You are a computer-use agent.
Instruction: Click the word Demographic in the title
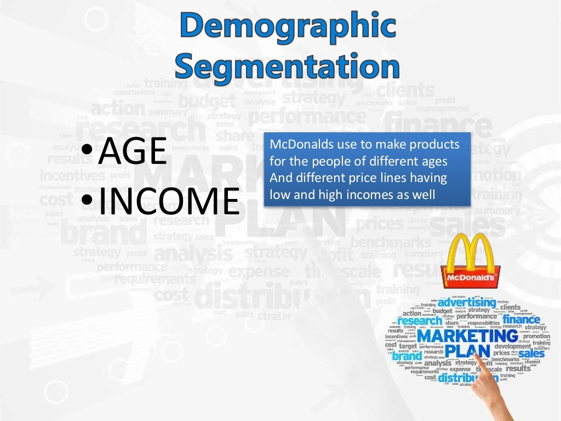[x=287, y=26]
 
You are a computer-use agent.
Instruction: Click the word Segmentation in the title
[x=287, y=66]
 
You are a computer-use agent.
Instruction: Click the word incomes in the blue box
[x=374, y=194]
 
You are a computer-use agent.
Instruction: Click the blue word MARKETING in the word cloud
[x=467, y=335]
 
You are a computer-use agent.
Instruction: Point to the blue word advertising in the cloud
[x=466, y=303]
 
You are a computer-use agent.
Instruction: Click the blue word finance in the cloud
[x=521, y=319]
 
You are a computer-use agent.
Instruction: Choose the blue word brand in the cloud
[x=407, y=356]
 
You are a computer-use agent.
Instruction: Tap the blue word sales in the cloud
[x=531, y=354]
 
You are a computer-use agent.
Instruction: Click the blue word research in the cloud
[x=420, y=321]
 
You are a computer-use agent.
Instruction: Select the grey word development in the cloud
[x=512, y=346]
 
